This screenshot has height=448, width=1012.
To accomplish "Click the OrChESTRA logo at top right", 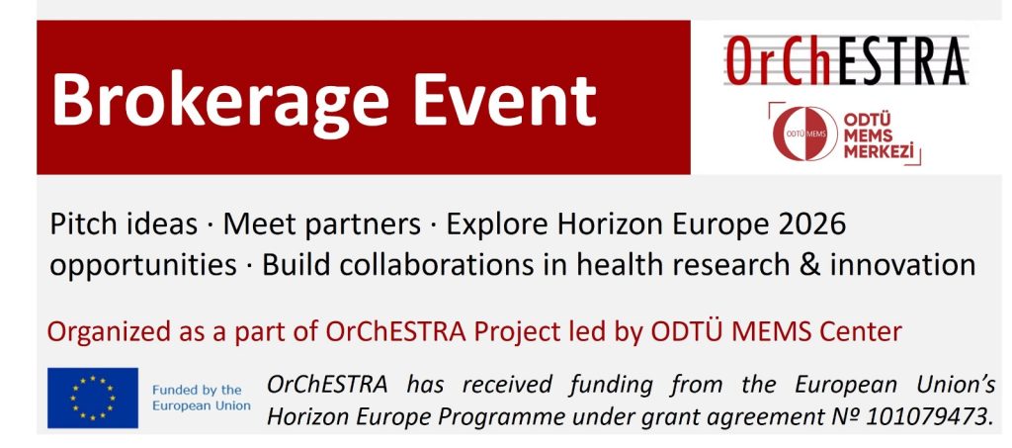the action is click(x=846, y=60).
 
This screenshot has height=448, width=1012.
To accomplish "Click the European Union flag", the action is click(x=92, y=398).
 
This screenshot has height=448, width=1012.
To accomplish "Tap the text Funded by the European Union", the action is click(x=201, y=398).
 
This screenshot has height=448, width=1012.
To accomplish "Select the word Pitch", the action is click(x=86, y=224).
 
